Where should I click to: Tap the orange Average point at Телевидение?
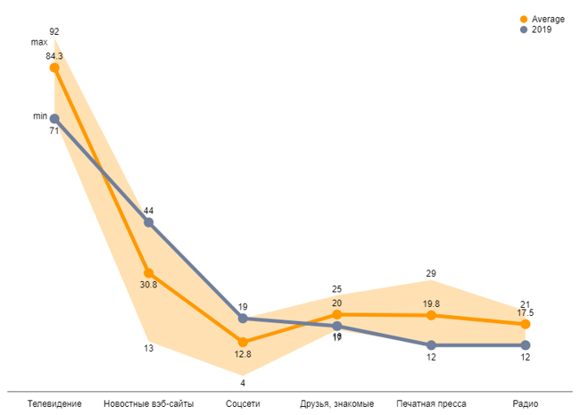[x=54, y=67]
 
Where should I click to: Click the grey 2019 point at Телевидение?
[x=54, y=118]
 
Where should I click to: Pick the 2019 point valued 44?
[x=149, y=222]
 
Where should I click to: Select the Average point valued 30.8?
[x=149, y=273]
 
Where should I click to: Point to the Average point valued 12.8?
[x=243, y=342]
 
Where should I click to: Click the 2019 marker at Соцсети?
[x=243, y=319]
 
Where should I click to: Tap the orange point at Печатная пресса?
[x=431, y=315]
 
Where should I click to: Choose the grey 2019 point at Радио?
[x=525, y=345]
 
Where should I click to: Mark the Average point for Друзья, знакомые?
[x=337, y=314]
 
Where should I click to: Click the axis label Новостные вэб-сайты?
[x=149, y=404]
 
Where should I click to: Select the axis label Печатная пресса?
[x=431, y=404]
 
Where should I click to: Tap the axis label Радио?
[x=525, y=404]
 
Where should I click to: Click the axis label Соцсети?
[x=243, y=404]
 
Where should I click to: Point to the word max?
[x=38, y=43]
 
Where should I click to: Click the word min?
[x=39, y=117]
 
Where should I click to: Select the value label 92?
[x=54, y=31]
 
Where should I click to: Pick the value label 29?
[x=431, y=274]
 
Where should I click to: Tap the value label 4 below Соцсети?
[x=243, y=384]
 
